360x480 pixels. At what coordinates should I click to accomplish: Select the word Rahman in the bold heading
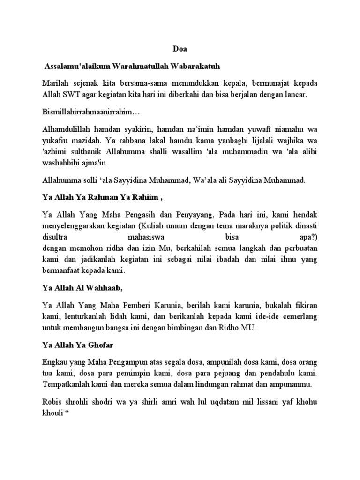[x=99, y=198]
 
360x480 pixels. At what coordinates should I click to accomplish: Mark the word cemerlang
[x=300, y=317]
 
